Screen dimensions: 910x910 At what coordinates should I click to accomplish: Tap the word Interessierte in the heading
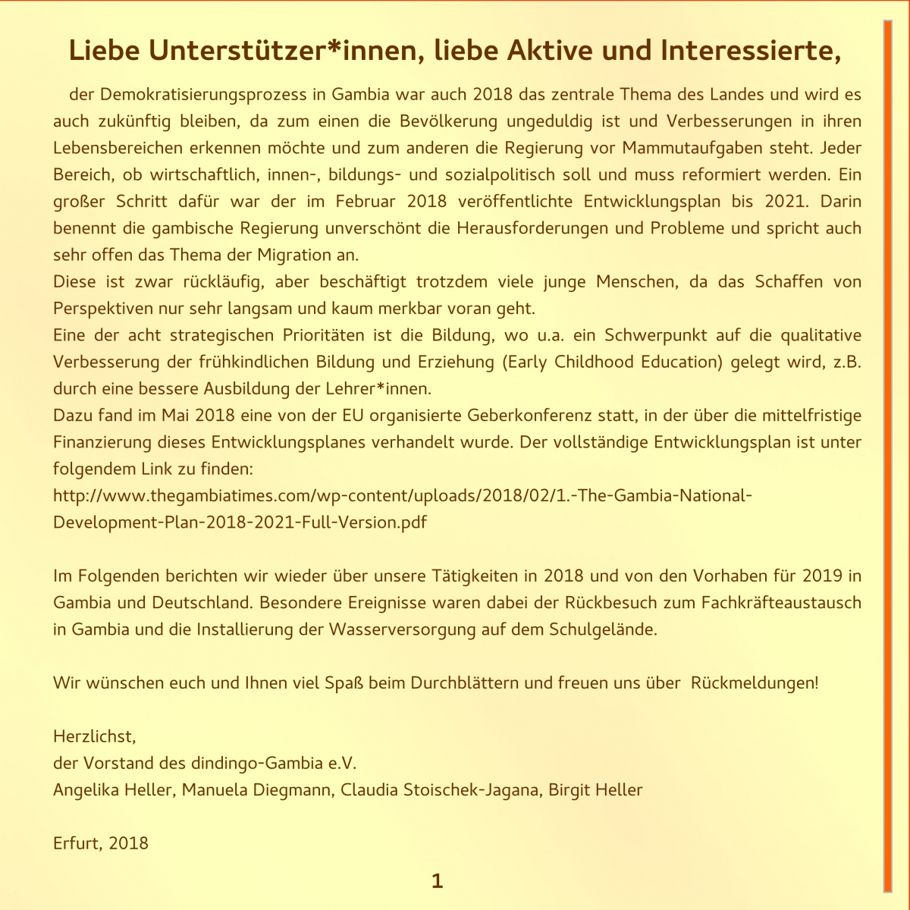[751, 51]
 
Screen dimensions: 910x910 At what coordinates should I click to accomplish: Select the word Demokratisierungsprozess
[198, 95]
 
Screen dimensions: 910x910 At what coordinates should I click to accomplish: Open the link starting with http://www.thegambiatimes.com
[402, 496]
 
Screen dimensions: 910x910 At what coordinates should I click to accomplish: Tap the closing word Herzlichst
[94, 736]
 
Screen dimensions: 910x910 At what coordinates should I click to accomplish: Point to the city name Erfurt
[74, 843]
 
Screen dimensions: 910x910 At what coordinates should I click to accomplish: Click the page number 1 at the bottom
[437, 881]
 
